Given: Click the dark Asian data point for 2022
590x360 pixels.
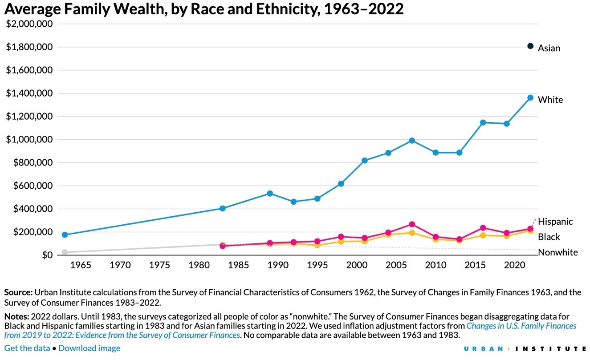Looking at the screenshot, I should point(530,46).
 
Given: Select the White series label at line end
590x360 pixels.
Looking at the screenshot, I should point(550,100).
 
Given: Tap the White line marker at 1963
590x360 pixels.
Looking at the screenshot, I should point(65,235).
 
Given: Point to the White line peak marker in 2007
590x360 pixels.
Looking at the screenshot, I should point(412,141).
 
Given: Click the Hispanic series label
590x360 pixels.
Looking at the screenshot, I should point(555,221).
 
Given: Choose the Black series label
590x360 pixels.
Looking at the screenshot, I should point(549,237).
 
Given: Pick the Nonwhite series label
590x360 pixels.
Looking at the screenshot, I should point(558,252).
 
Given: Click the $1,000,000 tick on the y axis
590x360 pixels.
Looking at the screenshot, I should point(29,140).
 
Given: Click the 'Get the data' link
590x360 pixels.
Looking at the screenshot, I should point(27,348).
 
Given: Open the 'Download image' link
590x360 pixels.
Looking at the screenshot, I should point(89,348).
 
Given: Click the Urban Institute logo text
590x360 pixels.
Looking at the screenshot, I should point(525,348).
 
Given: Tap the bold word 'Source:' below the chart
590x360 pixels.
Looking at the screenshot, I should point(18,292).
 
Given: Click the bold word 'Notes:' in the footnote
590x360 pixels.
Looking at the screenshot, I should point(16,317).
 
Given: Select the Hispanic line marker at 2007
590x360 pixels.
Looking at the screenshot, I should point(412,224).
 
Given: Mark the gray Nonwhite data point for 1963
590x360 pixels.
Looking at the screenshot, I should point(65,252).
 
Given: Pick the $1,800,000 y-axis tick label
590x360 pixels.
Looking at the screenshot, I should point(29,47).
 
